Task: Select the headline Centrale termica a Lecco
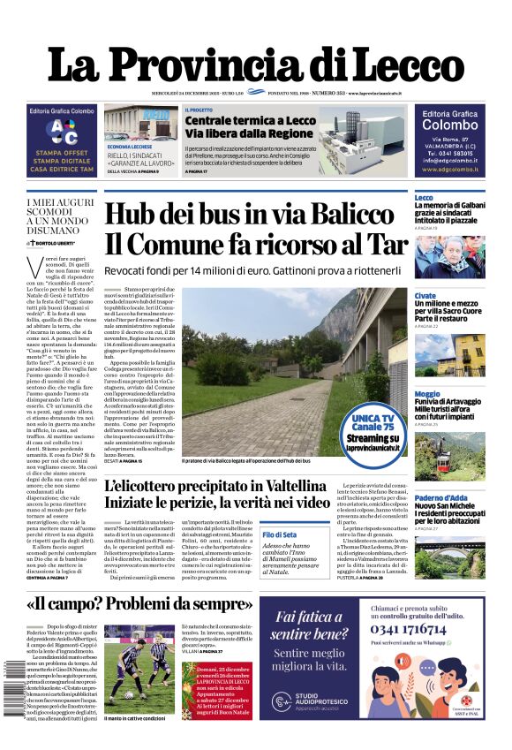[x=250, y=120]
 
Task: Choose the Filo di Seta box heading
[x=280, y=511]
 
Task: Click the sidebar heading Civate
[x=425, y=296]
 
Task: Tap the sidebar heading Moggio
[x=426, y=394]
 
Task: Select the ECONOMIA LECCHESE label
[x=130, y=146]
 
